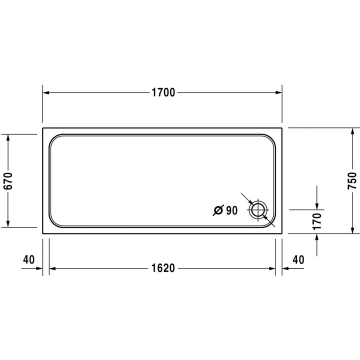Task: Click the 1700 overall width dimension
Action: pos(163,93)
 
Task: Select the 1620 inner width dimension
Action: pos(163,268)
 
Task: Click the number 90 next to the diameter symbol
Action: pos(231,211)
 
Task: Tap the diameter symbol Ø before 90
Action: pos(217,211)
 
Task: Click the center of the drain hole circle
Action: pos(258,210)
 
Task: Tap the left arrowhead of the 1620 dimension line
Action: pos(52,268)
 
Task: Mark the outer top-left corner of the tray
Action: pos(43,128)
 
